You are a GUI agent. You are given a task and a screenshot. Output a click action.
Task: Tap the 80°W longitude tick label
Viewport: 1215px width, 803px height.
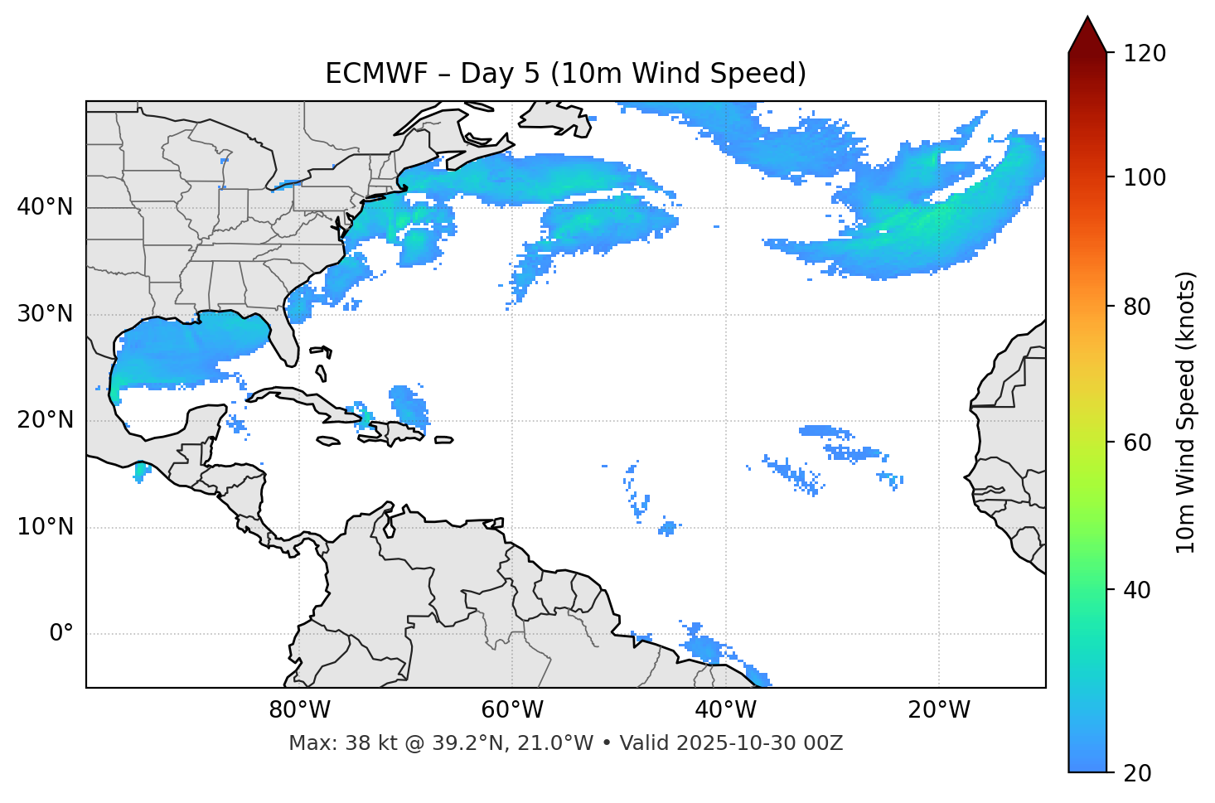pyautogui.click(x=299, y=710)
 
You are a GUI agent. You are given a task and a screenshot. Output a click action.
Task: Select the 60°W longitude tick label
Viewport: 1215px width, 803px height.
pyautogui.click(x=512, y=710)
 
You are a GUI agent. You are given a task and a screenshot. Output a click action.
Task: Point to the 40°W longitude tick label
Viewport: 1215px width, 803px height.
pyautogui.click(x=725, y=710)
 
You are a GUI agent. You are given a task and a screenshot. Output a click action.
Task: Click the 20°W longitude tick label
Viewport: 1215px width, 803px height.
pyautogui.click(x=938, y=710)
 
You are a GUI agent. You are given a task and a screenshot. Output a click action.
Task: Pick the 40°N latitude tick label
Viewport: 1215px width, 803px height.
pyautogui.click(x=45, y=207)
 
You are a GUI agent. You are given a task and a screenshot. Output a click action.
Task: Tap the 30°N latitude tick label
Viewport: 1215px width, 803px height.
pyautogui.click(x=45, y=314)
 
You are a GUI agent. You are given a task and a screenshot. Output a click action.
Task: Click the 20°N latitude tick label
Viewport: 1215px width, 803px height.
pyautogui.click(x=45, y=420)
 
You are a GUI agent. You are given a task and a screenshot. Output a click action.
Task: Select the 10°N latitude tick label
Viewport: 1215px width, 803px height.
pyautogui.click(x=45, y=527)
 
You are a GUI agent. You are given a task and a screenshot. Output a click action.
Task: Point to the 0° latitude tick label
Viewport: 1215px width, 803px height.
pyautogui.click(x=61, y=634)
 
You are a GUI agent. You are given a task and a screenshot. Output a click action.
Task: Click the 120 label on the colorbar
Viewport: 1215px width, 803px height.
pyautogui.click(x=1146, y=54)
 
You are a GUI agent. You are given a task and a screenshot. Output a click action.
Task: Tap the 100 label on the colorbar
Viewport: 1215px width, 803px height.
pyautogui.click(x=1146, y=177)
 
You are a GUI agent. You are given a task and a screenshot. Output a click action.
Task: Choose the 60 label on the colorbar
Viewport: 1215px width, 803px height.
pyautogui.click(x=1140, y=443)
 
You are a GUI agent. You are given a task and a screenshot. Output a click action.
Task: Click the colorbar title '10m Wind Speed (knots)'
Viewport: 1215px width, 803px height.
pyautogui.click(x=1186, y=413)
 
